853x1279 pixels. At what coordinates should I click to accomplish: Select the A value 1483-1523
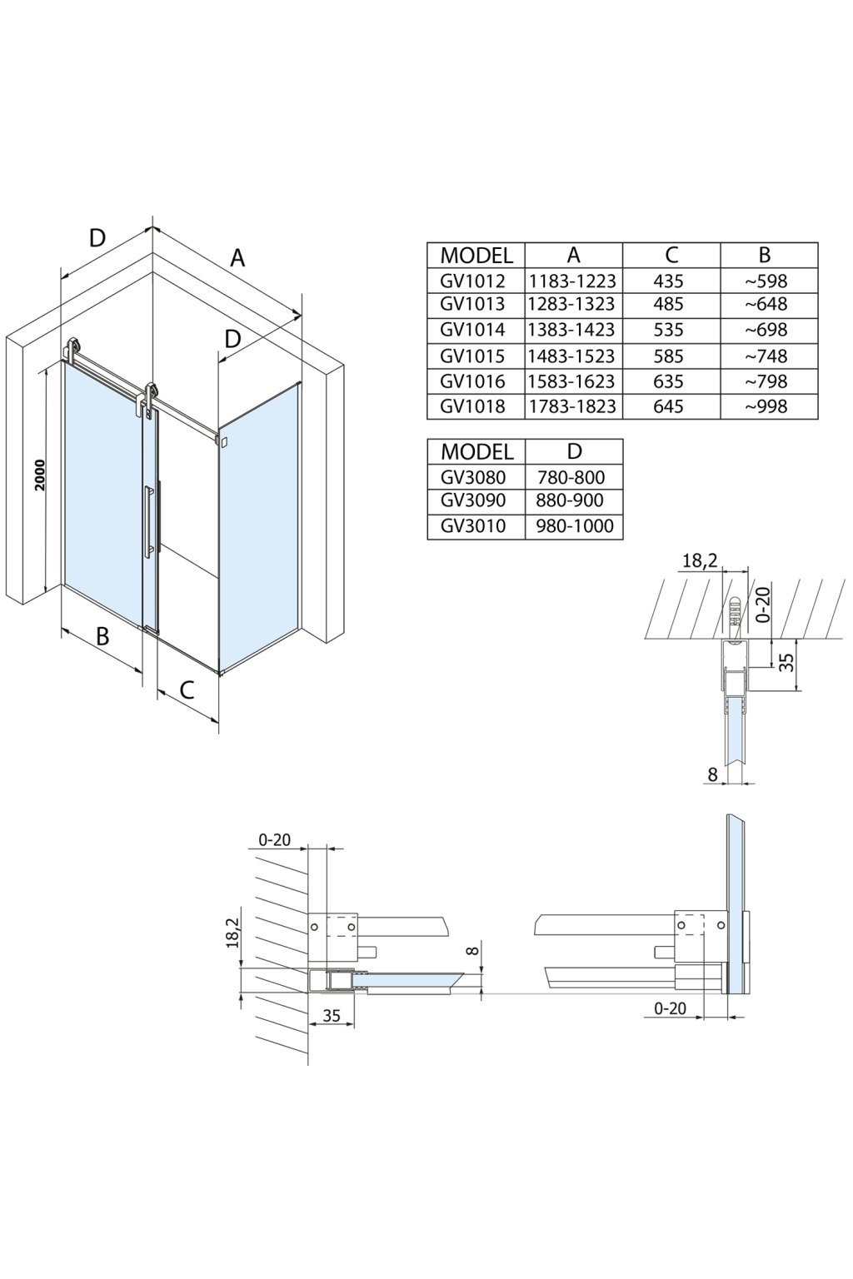(572, 356)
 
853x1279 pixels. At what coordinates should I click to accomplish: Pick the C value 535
(668, 330)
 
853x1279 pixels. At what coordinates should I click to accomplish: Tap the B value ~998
(766, 406)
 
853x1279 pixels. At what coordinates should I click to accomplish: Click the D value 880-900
(570, 500)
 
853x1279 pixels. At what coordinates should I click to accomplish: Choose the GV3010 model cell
(473, 525)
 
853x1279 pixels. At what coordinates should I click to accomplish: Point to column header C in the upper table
(671, 255)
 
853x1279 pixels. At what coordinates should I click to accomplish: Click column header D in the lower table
(574, 451)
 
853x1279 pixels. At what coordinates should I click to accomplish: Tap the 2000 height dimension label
(39, 475)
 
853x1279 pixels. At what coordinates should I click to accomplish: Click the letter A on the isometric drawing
(237, 258)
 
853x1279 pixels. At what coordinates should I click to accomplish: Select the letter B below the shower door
(102, 636)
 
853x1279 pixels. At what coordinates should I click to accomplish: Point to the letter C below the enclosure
(187, 690)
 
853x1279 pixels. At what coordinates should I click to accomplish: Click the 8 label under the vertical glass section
(712, 774)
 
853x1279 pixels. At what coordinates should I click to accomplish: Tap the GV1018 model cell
(473, 406)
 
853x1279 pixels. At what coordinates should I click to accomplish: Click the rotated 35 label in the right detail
(787, 662)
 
